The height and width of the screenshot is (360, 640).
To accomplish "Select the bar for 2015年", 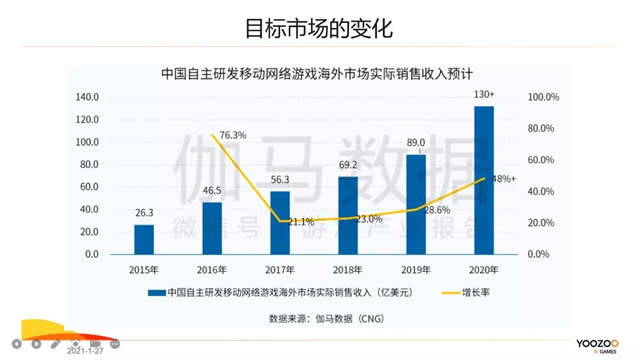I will point(145,239).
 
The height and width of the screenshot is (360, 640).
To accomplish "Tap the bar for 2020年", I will point(484,180).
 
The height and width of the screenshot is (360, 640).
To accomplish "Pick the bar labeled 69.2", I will point(348,215).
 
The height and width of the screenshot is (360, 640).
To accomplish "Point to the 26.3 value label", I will point(145,213).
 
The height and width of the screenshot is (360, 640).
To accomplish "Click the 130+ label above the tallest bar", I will point(485,94).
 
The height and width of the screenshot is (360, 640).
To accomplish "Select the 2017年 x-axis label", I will point(280,270).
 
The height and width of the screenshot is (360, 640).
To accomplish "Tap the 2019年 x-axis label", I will point(416,270).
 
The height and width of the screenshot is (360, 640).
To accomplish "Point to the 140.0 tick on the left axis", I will point(86,97).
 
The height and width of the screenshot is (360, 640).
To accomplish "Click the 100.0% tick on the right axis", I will point(547,97).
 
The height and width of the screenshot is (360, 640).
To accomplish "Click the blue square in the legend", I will point(154,293).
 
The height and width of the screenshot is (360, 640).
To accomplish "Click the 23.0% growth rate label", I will point(369,219).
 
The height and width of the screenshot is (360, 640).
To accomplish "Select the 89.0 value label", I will point(416,143).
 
